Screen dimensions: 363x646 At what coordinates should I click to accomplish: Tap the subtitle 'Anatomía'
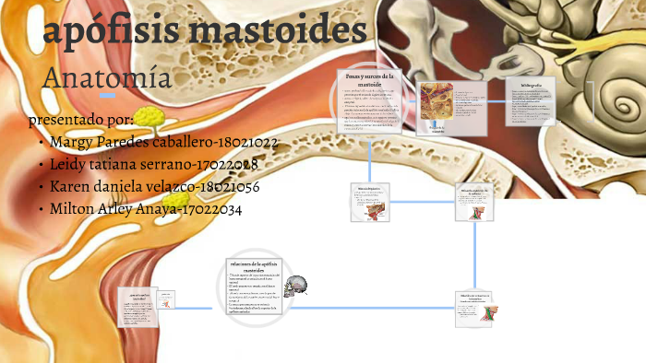tap(107, 77)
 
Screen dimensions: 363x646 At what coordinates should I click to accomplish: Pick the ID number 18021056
tap(234, 187)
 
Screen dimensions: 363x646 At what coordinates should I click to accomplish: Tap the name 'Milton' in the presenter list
tap(74, 209)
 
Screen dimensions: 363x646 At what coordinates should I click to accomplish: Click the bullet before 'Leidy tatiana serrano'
tap(41, 166)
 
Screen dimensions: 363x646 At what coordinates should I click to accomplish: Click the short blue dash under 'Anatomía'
tap(108, 96)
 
